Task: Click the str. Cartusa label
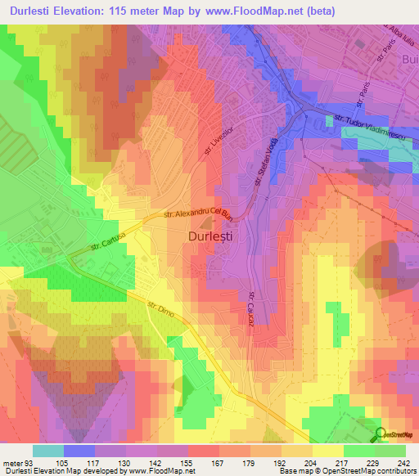[x=109, y=240]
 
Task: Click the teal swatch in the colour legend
[x=48, y=451]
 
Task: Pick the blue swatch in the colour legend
[x=79, y=451]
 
